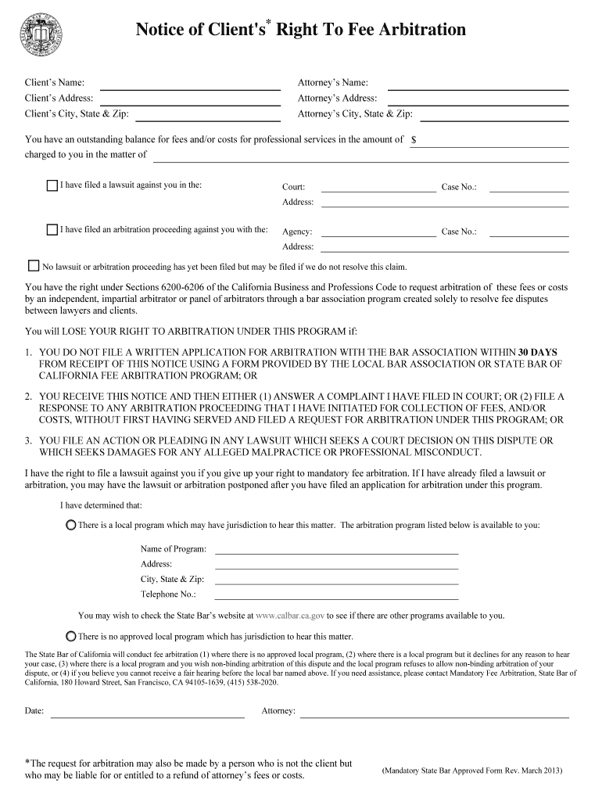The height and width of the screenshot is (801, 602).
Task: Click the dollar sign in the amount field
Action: [414, 140]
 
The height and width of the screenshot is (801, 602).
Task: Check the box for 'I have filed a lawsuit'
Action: [52, 186]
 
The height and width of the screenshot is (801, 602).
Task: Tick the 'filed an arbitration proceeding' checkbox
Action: [52, 230]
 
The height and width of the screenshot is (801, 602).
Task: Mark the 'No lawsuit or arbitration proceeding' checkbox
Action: [34, 266]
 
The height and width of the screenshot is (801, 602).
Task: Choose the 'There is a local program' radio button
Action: [71, 525]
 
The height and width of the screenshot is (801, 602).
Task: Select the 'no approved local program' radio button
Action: [71, 636]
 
